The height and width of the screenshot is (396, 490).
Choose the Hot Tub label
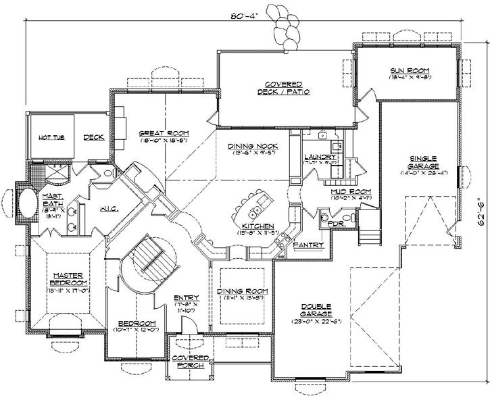(x=50, y=137)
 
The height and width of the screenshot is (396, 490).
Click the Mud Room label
(x=351, y=192)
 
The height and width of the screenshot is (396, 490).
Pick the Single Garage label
(x=424, y=162)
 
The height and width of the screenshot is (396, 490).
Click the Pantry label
(x=308, y=245)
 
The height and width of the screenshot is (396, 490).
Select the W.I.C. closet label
(x=109, y=209)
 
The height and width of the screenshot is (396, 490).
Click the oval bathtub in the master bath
(x=27, y=205)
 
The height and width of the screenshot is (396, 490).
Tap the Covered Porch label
(x=189, y=360)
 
